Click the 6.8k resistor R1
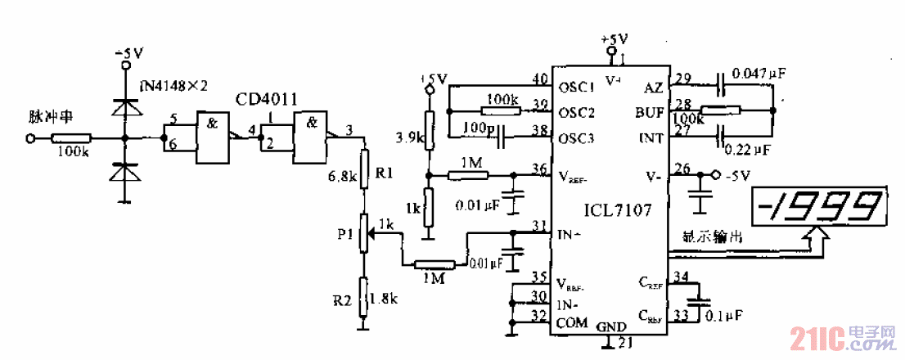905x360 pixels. coord(365,168)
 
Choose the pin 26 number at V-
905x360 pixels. coord(680,169)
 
